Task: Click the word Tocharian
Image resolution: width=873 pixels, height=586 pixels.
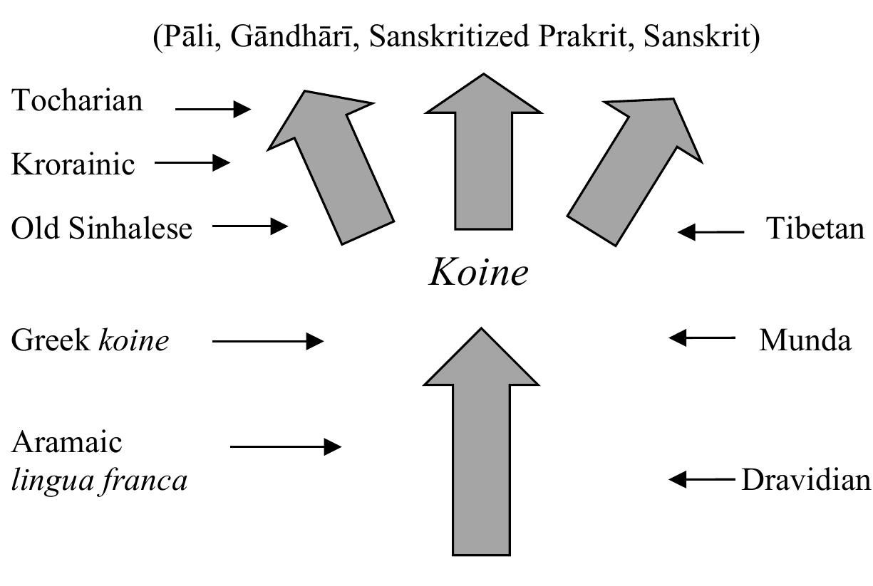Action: (77, 101)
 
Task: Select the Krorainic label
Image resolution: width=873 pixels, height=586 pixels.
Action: (73, 164)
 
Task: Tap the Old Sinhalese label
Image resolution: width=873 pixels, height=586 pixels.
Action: (101, 229)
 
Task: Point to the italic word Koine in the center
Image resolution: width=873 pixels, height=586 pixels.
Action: (478, 273)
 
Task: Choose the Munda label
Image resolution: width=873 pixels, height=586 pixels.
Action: (805, 340)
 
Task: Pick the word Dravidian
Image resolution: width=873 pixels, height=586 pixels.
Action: (806, 480)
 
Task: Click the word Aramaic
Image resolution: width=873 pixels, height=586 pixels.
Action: (67, 442)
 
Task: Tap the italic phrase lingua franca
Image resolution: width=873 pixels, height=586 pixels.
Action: (99, 481)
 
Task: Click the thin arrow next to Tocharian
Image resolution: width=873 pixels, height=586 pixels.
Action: (212, 109)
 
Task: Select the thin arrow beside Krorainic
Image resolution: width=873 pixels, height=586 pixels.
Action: (192, 163)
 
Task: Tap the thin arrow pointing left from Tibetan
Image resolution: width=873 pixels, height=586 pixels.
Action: (711, 231)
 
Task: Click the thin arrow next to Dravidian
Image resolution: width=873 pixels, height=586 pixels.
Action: (702, 480)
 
